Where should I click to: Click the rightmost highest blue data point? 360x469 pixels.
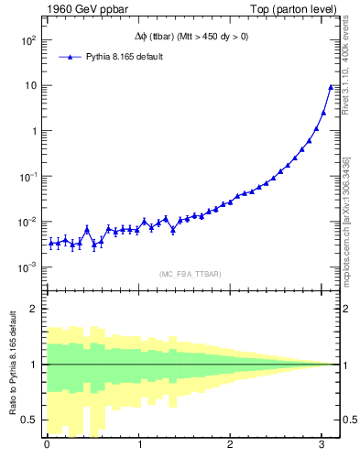(331, 87)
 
